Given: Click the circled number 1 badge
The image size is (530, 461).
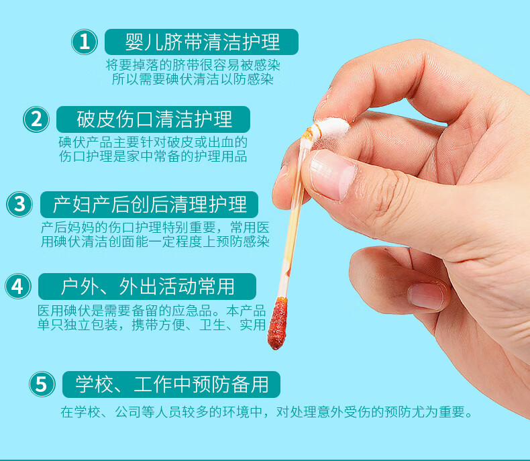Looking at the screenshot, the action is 84,42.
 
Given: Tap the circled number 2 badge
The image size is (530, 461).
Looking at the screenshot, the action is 36,119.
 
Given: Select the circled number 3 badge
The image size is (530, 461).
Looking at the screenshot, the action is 19,204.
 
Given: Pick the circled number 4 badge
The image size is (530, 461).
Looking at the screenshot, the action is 18,287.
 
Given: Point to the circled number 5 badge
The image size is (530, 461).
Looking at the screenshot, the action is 42,385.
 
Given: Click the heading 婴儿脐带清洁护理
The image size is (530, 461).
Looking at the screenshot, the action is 202,42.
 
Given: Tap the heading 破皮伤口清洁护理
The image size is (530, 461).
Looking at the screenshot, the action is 154,119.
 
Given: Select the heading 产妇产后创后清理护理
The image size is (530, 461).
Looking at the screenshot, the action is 150,205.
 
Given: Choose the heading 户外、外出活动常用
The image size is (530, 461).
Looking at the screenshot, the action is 148,287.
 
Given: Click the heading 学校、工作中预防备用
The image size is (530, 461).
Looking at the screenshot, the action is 172,385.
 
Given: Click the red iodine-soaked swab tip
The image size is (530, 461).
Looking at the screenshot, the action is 278,323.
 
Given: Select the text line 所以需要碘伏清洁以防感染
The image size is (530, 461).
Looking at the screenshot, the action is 193,79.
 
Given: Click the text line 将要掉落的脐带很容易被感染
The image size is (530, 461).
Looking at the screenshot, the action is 193,65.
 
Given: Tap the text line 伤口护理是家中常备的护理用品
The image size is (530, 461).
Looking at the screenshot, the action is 153,156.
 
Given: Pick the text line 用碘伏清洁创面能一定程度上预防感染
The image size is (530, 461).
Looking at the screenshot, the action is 155,242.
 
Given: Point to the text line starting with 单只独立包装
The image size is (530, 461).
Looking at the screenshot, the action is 152,325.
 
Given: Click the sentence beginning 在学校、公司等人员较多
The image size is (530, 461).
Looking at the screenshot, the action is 267,412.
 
